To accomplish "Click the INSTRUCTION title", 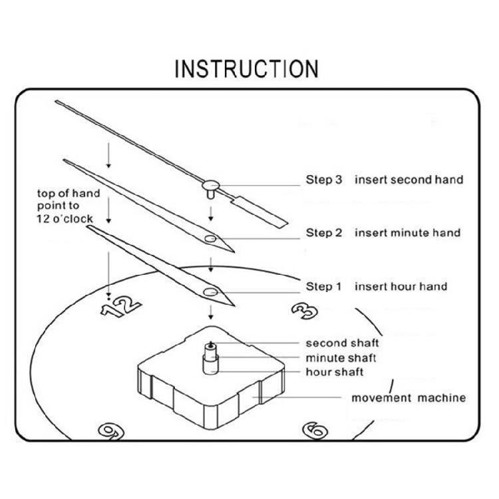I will click(246, 69).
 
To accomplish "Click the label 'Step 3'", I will click(323, 180).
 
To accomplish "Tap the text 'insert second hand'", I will click(409, 180).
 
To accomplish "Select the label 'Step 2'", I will click(323, 233).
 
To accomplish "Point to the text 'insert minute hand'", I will click(407, 233).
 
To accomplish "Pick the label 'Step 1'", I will click(323, 287).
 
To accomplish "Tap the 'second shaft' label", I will click(342, 343).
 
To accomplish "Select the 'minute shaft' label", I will click(341, 357).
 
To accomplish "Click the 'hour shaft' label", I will click(335, 371).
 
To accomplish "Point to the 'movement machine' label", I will click(409, 399).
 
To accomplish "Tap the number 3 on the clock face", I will click(303, 311).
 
